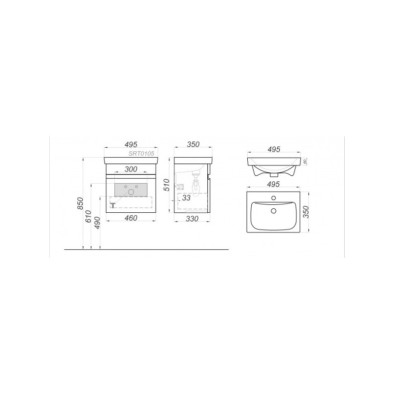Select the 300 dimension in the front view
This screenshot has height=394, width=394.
pyautogui.click(x=131, y=169)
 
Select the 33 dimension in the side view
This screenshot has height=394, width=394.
pyautogui.click(x=186, y=197)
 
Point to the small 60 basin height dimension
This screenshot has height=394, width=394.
pyautogui.click(x=305, y=162)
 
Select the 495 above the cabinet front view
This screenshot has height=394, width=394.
pyautogui.click(x=131, y=144)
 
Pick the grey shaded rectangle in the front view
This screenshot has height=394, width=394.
pyautogui.click(x=131, y=189)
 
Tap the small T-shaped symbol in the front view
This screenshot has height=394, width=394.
pyautogui.click(x=113, y=204)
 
